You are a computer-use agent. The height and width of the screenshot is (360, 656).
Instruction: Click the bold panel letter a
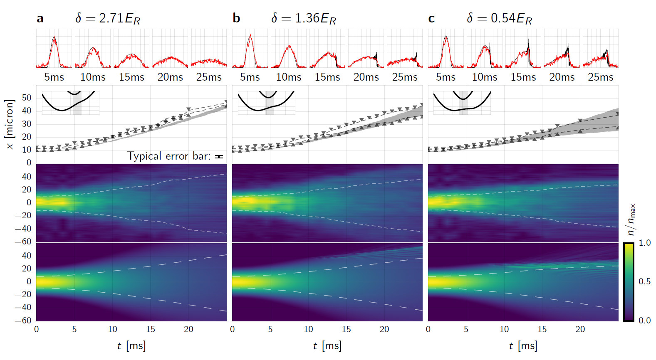coord(40,19)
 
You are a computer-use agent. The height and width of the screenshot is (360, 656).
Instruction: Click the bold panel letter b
coord(236,19)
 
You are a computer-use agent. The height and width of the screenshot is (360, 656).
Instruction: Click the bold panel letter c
coord(431,19)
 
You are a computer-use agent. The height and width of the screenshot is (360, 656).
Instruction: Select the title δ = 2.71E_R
coord(108,19)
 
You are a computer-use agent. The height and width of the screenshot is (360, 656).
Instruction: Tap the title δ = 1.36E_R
coord(304,19)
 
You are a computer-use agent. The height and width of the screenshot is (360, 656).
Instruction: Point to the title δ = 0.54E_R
coord(499,19)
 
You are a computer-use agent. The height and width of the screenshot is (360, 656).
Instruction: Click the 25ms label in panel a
coord(209,77)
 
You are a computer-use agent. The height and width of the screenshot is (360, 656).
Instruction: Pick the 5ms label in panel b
coord(250,77)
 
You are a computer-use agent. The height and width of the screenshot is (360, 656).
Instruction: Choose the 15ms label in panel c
coord(523,77)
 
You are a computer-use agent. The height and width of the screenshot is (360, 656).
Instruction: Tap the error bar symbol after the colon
coord(219,157)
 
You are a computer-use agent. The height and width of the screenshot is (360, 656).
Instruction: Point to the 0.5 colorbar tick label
coord(644,281)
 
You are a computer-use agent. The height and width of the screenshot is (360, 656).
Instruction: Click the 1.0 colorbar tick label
coord(644,243)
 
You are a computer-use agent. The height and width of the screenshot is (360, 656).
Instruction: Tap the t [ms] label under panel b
coord(327,346)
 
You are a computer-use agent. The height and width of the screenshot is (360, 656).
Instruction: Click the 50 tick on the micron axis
coord(27,98)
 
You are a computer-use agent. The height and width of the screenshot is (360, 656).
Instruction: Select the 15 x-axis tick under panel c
coord(542,329)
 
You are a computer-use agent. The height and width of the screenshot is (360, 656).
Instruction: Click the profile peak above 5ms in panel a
coord(54,37)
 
